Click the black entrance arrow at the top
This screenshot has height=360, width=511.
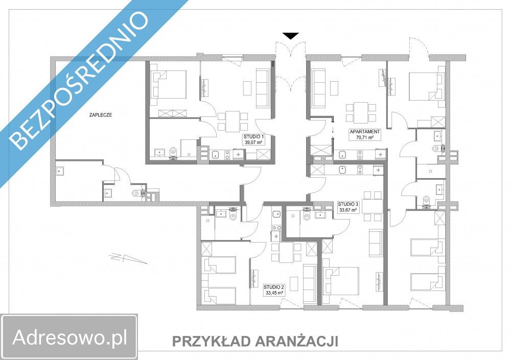tap(291, 36)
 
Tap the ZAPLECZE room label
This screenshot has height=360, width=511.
tap(99, 115)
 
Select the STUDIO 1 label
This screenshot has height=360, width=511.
tap(253, 137)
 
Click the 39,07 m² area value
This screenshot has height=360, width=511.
tap(253, 143)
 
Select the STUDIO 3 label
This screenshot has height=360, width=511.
tap(349, 203)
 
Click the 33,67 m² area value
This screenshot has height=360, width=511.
tap(349, 209)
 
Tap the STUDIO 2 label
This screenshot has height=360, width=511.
tap(274, 287)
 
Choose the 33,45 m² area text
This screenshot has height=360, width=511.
tap(274, 293)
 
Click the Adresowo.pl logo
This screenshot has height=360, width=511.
tap(69, 337)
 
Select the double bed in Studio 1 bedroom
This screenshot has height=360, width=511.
tap(169, 84)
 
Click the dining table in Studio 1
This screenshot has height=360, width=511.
tap(233, 121)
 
